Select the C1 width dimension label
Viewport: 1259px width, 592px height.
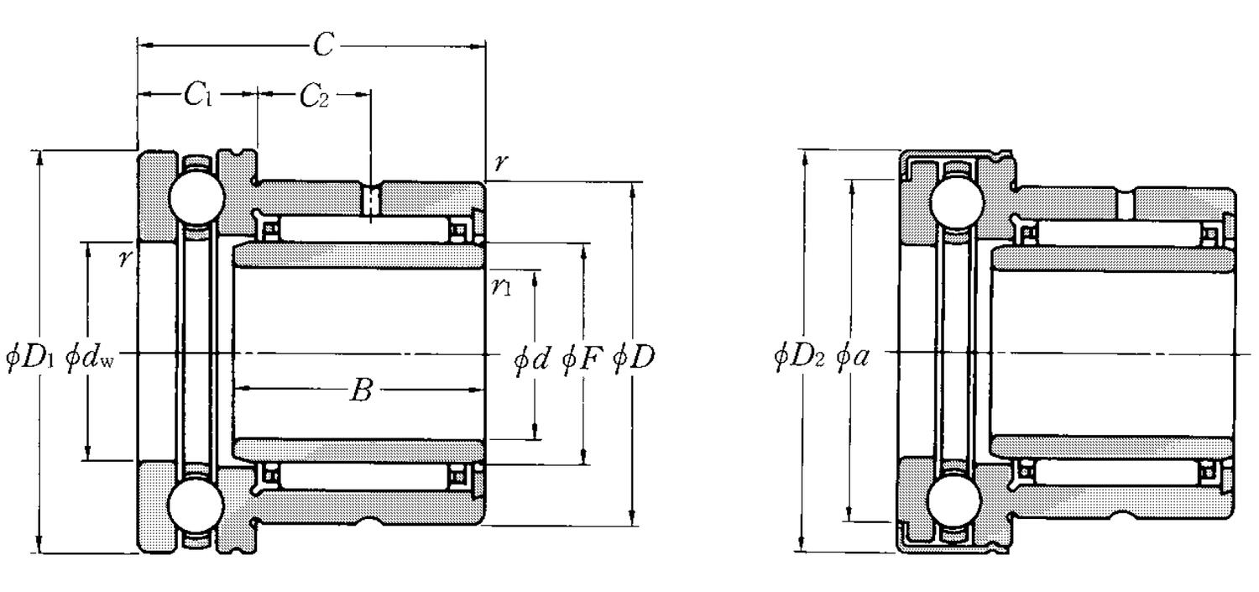(x=198, y=96)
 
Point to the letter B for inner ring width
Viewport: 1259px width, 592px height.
(x=359, y=390)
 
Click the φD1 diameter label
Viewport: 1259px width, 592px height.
(x=30, y=357)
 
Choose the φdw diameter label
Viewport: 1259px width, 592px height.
(x=93, y=357)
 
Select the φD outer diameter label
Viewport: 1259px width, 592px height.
(x=634, y=359)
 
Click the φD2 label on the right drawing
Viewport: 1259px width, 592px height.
(x=800, y=357)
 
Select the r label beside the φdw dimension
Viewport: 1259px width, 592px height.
(x=125, y=258)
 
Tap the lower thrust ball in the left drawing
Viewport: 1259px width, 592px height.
(x=196, y=507)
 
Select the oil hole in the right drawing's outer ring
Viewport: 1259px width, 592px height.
(x=1126, y=202)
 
